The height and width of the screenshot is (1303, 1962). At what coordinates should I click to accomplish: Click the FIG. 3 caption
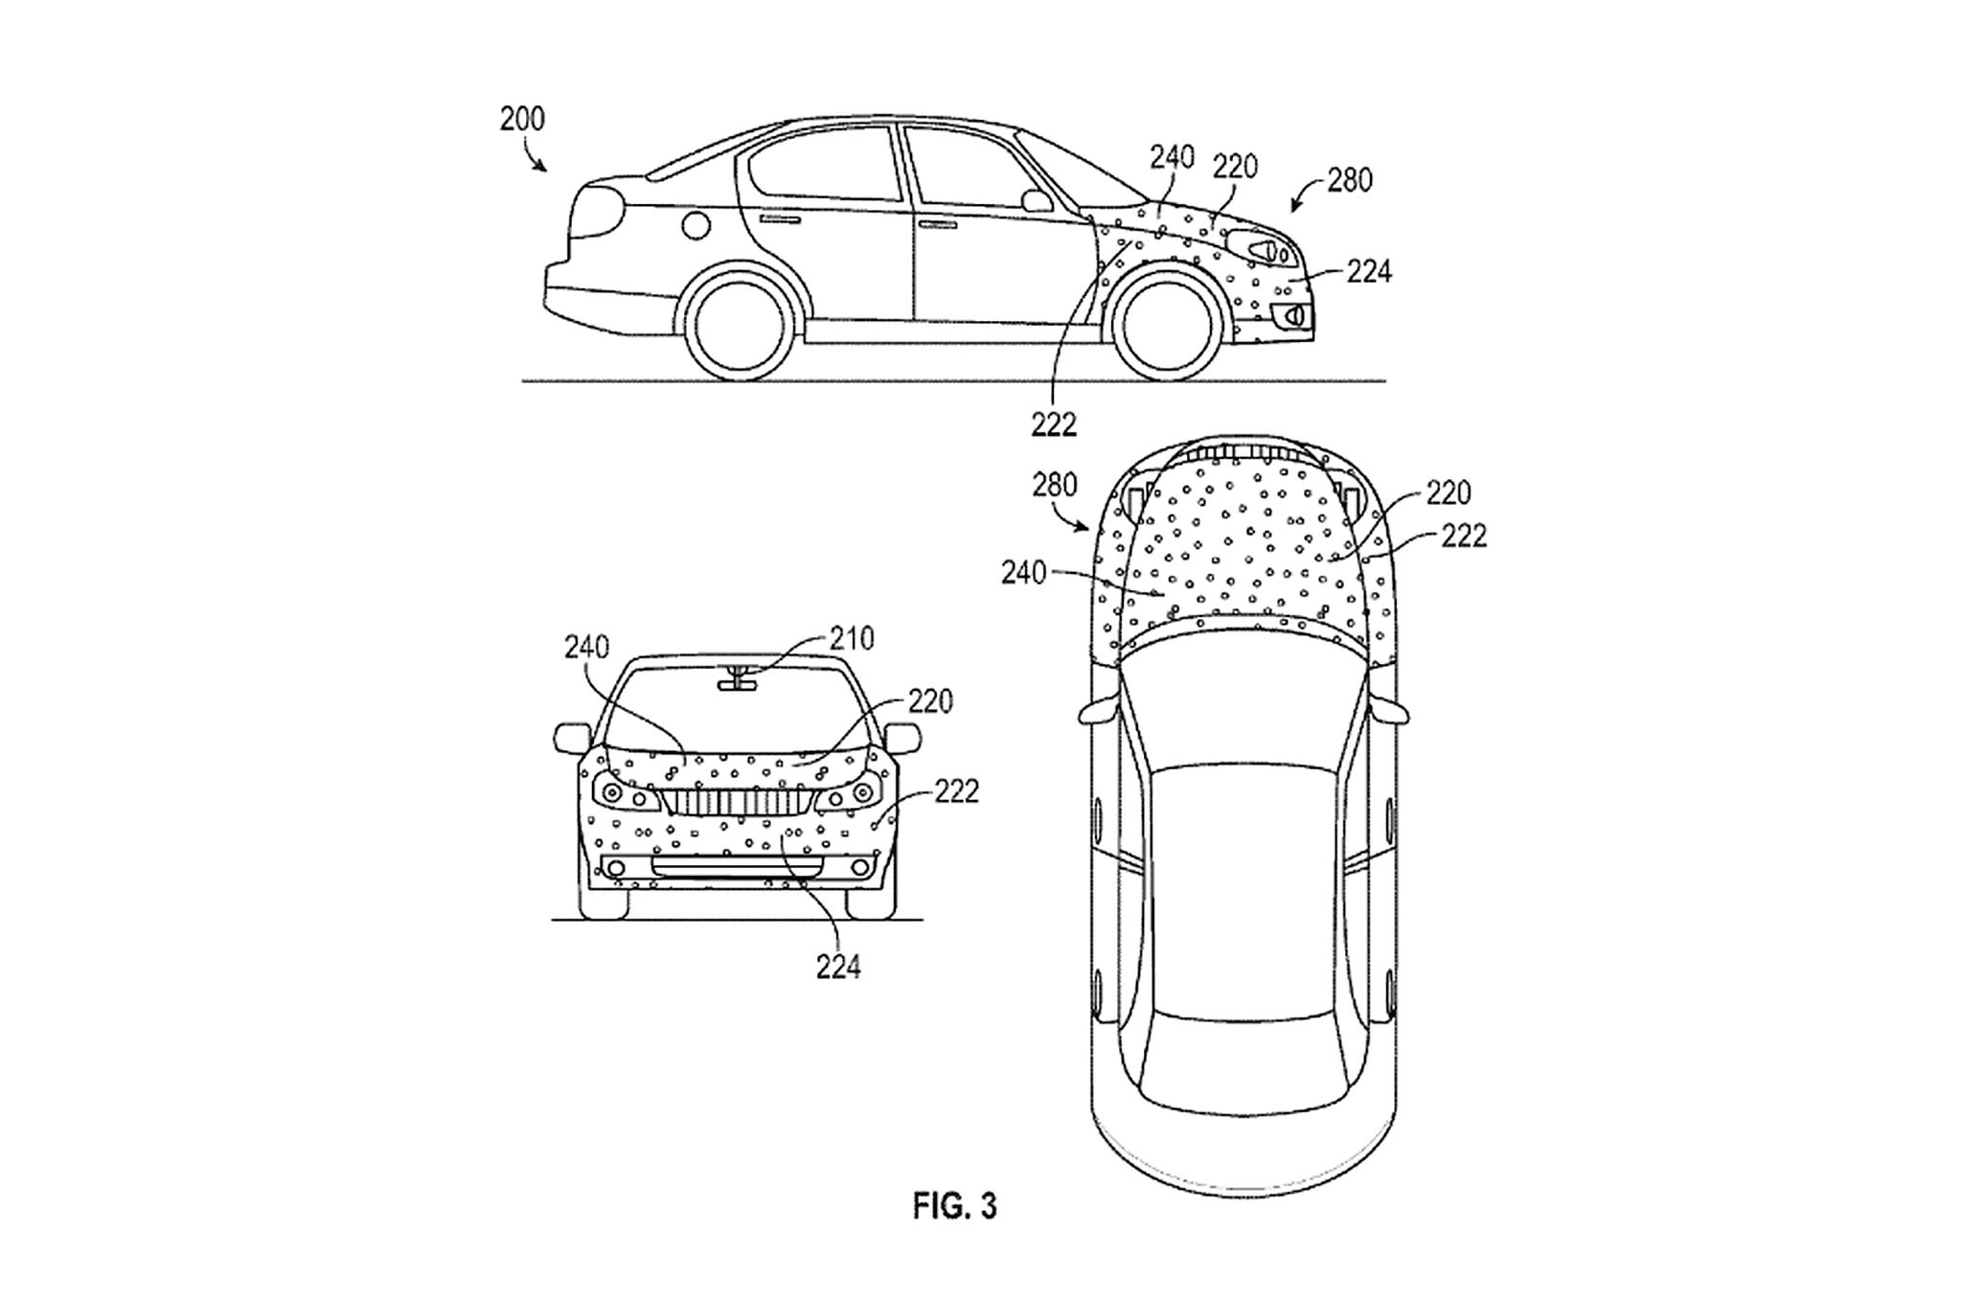coord(954,1206)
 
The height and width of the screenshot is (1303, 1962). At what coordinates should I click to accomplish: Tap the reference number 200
coord(522,120)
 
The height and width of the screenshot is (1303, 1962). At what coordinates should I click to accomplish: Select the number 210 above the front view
coord(853,638)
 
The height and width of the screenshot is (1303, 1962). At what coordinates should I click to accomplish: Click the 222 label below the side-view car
coord(1054,423)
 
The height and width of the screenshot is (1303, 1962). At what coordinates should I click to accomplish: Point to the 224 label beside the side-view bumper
coord(1368,273)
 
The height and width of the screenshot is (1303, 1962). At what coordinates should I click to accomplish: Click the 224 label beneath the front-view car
coord(838,968)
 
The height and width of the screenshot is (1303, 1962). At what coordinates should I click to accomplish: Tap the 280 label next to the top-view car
coord(1055,486)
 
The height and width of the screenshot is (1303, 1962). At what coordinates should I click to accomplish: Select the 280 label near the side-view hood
coord(1350,180)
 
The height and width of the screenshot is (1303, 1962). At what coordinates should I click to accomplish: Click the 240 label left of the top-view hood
coord(1024,573)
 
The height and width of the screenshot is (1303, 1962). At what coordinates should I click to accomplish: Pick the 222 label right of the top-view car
coord(1464,537)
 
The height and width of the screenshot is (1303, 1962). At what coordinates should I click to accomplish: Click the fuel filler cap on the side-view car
coord(696,225)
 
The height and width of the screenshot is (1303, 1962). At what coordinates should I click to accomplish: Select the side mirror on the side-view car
coord(1037,201)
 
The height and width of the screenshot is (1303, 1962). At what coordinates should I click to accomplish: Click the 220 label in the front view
coord(930,702)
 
